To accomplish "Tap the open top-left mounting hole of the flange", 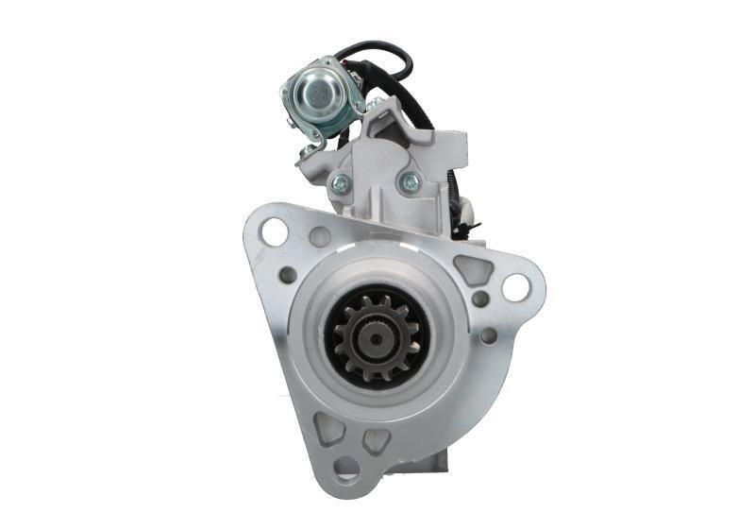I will (x=274, y=231).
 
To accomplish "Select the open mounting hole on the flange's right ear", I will (x=515, y=287).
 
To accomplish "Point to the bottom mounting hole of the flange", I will (x=347, y=469).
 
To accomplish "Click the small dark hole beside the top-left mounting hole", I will (x=320, y=237).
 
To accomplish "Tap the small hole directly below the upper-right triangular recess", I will (x=480, y=299).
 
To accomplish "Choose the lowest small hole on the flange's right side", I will (x=488, y=335).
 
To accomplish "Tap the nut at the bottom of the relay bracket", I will (x=308, y=152).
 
